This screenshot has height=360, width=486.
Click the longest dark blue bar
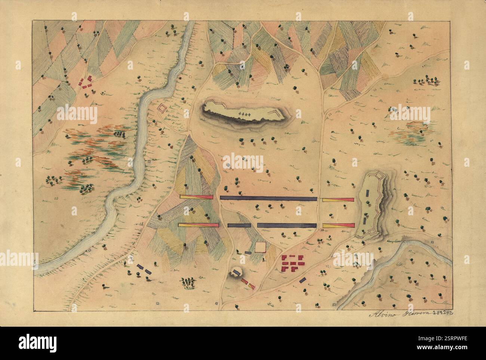[x=268, y=199]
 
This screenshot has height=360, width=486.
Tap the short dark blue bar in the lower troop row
[x=239, y=225]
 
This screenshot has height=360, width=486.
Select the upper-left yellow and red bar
[x=196, y=197]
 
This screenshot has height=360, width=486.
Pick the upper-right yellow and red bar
[x=338, y=200]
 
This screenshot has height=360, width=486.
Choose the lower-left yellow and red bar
[x=198, y=225]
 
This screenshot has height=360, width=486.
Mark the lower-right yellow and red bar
[x=338, y=225]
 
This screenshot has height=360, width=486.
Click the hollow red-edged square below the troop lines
[x=260, y=247]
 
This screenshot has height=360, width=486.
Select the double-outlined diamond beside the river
[x=162, y=108]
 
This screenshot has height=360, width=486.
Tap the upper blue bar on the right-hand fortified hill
[x=368, y=193]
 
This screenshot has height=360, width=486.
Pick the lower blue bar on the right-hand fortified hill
[x=364, y=220]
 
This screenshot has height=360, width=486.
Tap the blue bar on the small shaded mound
[x=236, y=271]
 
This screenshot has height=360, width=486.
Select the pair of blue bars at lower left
[x=144, y=269]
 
